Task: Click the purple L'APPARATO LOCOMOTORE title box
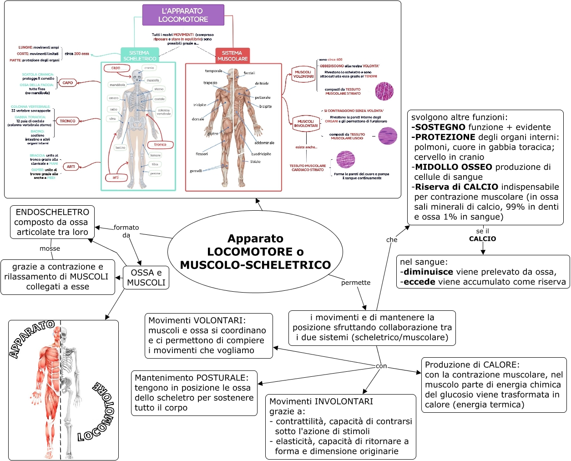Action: pyautogui.click(x=183, y=15)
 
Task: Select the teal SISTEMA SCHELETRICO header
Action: pyautogui.click(x=140, y=56)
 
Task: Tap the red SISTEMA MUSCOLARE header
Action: pyautogui.click(x=232, y=56)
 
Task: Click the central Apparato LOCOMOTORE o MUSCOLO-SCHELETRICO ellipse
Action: pyautogui.click(x=255, y=252)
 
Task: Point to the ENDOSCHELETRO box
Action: pyautogui.click(x=52, y=222)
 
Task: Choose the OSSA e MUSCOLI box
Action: pyautogui.click(x=146, y=278)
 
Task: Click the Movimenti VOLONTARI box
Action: pyautogui.click(x=209, y=335)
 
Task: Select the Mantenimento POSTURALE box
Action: pyautogui.click(x=194, y=393)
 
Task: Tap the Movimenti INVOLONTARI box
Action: pyautogui.click(x=341, y=426)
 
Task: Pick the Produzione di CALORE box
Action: pyautogui.click(x=494, y=385)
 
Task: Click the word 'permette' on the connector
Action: pyautogui.click(x=356, y=283)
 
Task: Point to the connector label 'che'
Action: pyautogui.click(x=392, y=240)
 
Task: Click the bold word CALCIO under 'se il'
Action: pyautogui.click(x=483, y=239)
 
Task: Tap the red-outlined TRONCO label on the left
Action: pyautogui.click(x=67, y=121)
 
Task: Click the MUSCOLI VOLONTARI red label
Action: pyautogui.click(x=303, y=74)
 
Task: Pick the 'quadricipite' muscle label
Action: pyautogui.click(x=261, y=154)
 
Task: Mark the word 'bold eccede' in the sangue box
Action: pyautogui.click(x=419, y=282)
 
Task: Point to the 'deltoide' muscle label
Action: pyautogui.click(x=262, y=84)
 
